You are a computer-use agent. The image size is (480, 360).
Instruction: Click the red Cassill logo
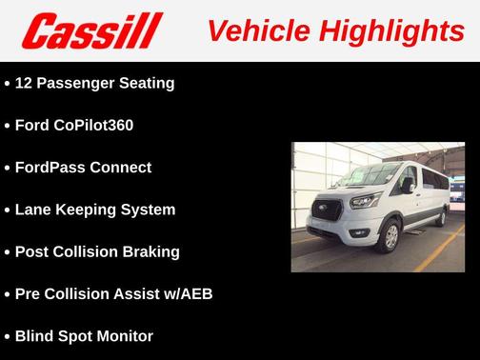pyautogui.click(x=93, y=30)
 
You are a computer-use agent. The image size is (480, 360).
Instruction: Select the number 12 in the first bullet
pyautogui.click(x=25, y=83)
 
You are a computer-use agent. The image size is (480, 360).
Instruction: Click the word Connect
pyautogui.click(x=121, y=168)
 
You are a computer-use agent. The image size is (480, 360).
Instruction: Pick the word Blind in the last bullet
pyautogui.click(x=34, y=335)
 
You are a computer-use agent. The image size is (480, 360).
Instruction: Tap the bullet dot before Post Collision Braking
pyautogui.click(x=8, y=252)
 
